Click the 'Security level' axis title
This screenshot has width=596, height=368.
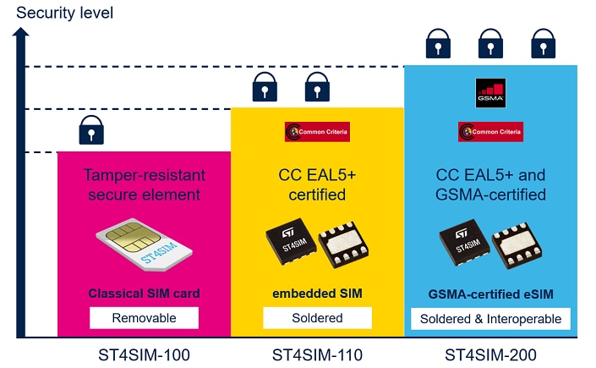[64, 13]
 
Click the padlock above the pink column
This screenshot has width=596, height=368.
[90, 130]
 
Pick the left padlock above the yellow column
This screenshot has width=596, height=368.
[265, 86]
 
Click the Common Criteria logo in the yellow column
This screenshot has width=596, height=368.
[317, 132]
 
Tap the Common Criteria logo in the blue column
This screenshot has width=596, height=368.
[490, 132]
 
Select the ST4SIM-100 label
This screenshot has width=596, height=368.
[144, 354]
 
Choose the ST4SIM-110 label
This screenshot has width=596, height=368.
[317, 354]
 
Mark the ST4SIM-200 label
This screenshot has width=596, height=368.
[490, 354]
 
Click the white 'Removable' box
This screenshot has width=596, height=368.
[144, 318]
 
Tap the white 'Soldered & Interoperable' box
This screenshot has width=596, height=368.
[490, 318]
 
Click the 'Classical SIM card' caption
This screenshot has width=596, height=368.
[144, 294]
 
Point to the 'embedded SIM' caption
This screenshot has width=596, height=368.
[317, 294]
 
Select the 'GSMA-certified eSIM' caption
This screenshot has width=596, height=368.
[490, 294]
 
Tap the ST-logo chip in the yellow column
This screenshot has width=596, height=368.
[293, 242]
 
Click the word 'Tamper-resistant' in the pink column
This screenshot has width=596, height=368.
[144, 175]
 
